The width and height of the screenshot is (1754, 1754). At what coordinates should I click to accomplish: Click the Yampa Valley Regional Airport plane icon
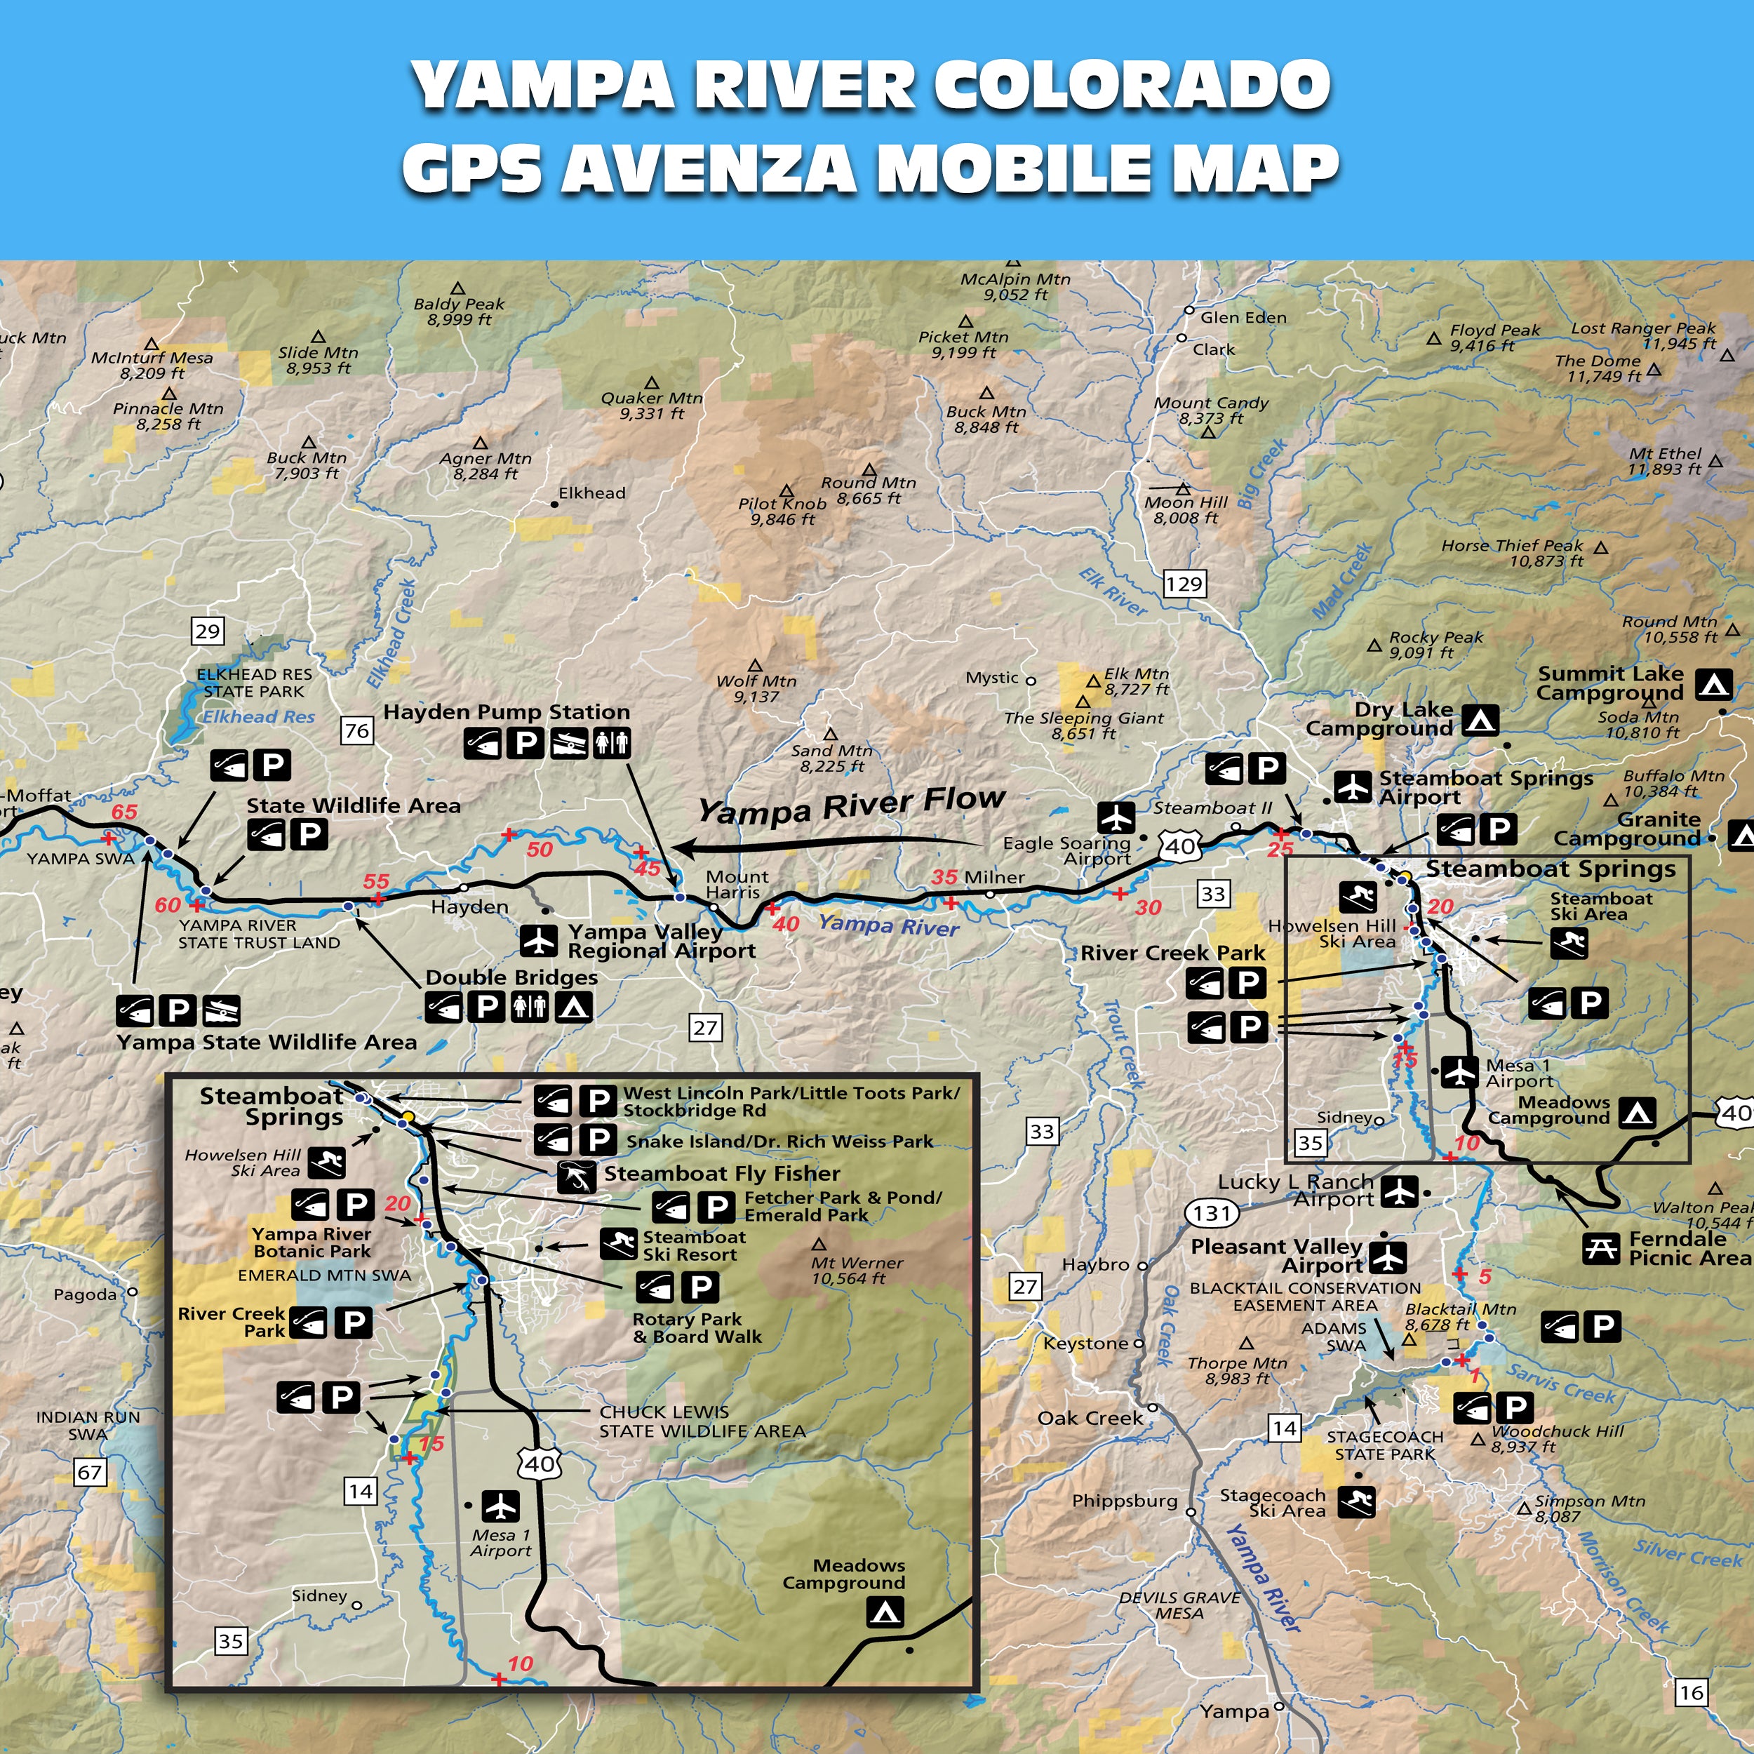540,941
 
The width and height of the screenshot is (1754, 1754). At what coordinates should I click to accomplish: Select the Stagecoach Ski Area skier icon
1358,1501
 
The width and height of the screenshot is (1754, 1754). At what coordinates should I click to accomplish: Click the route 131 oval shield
1212,1213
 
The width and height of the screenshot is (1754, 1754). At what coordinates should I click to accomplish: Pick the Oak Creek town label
1090,1418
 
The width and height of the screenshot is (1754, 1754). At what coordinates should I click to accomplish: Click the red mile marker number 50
540,850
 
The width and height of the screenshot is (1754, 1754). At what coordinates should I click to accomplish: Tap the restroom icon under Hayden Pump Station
612,744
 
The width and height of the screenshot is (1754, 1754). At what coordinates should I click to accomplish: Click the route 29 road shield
207,631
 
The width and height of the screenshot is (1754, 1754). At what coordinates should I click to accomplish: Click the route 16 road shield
1690,1692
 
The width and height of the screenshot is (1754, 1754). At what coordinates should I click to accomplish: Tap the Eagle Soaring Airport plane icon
1116,817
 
